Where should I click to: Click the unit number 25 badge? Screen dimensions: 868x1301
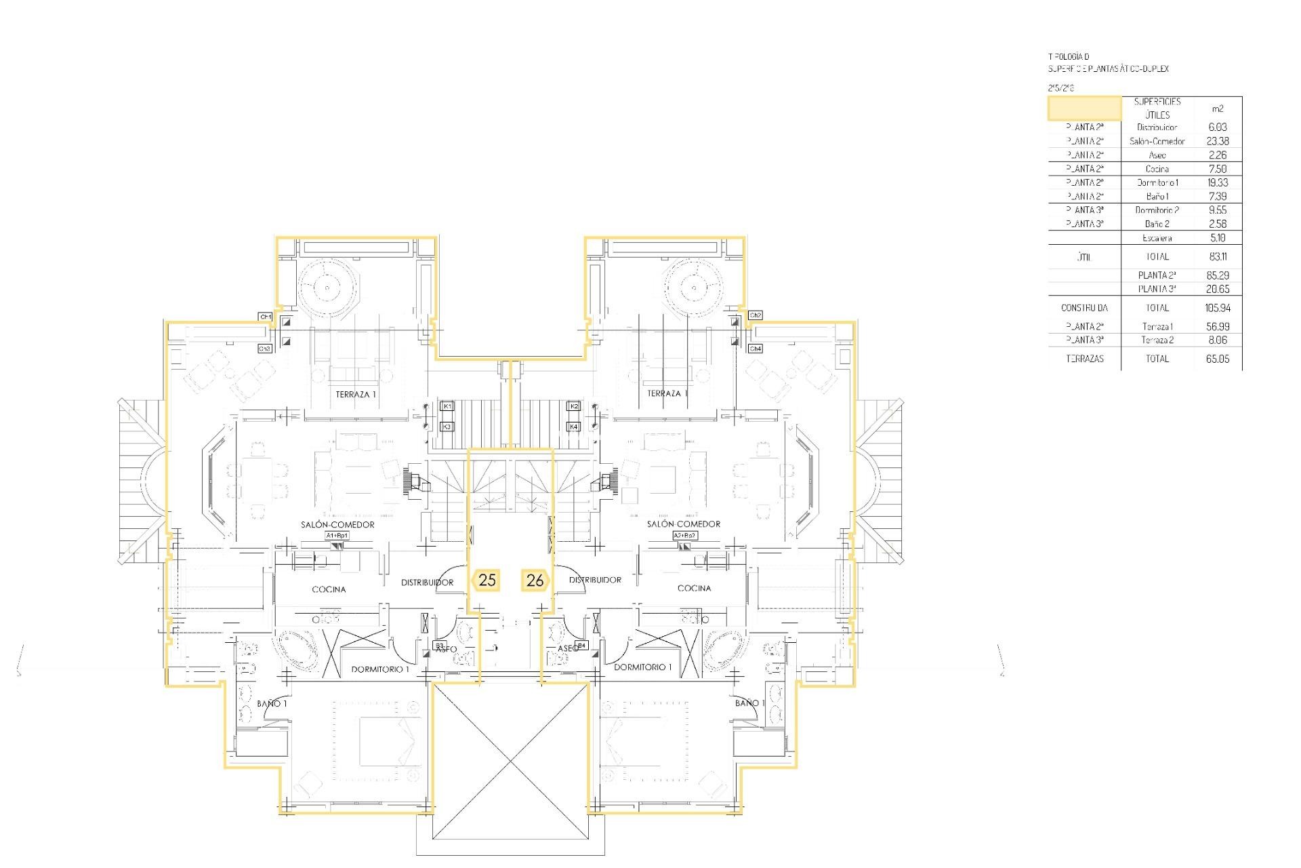click(x=487, y=580)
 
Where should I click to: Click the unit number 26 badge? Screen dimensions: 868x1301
click(x=535, y=580)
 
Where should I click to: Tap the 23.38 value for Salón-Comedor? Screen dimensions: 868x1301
click(x=1217, y=141)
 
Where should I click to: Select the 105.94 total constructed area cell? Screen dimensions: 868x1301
click(x=1217, y=308)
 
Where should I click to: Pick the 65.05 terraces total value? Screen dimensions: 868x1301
click(x=1217, y=359)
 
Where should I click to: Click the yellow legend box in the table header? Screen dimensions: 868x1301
click(x=1084, y=108)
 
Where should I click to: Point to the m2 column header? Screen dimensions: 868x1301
click(x=1217, y=108)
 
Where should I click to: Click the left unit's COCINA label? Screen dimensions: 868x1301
click(x=329, y=589)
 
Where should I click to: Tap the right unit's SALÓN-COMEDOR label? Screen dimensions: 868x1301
click(x=683, y=524)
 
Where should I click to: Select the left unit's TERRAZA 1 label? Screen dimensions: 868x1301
click(x=356, y=394)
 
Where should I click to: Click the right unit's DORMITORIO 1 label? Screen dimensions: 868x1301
click(x=642, y=667)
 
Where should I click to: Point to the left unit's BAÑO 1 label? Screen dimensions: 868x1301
click(x=272, y=704)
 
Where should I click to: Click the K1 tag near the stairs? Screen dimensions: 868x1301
click(x=447, y=406)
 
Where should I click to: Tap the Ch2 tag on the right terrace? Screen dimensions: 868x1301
click(x=756, y=315)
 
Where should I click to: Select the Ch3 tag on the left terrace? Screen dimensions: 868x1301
click(x=265, y=349)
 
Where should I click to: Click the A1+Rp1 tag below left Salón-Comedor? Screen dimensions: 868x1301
click(x=337, y=536)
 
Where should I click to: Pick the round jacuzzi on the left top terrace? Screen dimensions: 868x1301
click(x=327, y=288)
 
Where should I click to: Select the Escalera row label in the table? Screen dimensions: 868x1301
click(x=1157, y=238)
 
